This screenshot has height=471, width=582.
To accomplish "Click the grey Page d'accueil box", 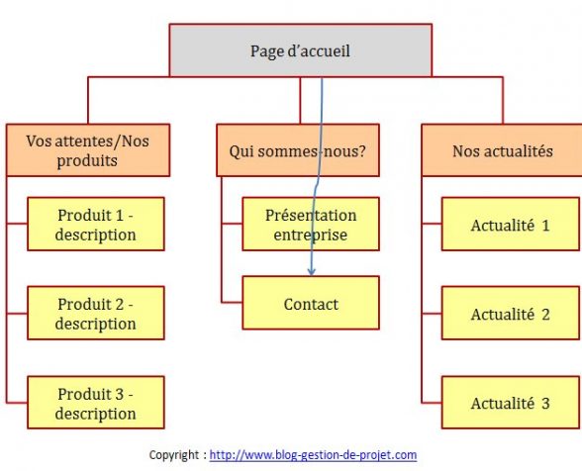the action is point(301,50).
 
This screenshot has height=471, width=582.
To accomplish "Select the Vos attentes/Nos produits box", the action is point(88,150).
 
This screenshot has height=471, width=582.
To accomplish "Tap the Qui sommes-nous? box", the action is point(298,150).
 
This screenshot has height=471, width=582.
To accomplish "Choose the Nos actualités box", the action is point(502,150).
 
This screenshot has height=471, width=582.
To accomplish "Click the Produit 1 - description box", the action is point(96,224).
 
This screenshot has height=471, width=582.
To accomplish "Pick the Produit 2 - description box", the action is point(96,313).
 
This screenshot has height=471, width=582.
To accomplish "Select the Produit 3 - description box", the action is point(96,403).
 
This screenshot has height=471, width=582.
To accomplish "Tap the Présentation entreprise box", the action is point(311,224).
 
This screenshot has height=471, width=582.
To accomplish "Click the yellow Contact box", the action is point(311,303).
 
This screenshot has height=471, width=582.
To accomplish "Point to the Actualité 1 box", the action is point(511,224).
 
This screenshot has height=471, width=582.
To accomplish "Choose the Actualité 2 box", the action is point(511,313).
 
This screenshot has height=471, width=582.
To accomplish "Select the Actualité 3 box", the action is point(511,403).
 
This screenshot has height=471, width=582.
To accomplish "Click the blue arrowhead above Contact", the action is point(312,272).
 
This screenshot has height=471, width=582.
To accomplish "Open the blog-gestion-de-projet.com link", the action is point(313,454).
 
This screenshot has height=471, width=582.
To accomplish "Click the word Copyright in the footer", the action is point(174,455).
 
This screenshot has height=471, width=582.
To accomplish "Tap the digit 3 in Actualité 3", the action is point(545,404).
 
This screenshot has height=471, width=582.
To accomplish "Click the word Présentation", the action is point(311,216).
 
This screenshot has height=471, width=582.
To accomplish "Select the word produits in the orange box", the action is point(87,161).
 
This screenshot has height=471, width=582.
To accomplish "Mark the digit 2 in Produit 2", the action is point(119,305).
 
